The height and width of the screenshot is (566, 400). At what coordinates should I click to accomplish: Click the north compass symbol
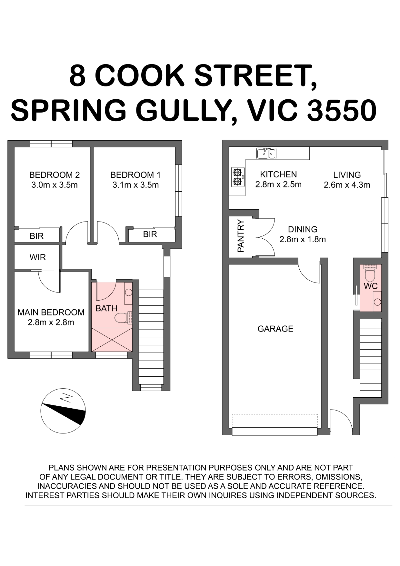63,411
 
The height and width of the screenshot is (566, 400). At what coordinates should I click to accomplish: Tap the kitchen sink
266,153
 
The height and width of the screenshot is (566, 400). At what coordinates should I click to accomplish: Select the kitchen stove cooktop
238,177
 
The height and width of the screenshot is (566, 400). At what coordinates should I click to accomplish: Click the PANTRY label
241,236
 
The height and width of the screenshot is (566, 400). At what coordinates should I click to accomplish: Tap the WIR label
38,257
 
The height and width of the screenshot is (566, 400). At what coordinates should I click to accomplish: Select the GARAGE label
275,329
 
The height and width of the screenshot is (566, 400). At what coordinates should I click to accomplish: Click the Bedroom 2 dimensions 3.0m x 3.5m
55,185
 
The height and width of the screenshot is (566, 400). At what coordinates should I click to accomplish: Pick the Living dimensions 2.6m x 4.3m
347,185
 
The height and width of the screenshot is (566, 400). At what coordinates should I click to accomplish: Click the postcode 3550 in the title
342,110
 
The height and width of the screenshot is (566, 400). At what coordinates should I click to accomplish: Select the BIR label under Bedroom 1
150,234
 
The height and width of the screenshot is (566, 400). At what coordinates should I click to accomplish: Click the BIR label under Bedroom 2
36,236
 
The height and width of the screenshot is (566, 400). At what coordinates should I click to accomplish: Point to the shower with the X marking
112,340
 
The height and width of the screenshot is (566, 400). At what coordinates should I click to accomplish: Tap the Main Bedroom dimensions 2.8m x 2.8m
51,322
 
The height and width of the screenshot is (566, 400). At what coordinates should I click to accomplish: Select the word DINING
303,229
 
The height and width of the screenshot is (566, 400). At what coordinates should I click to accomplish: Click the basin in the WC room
377,302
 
